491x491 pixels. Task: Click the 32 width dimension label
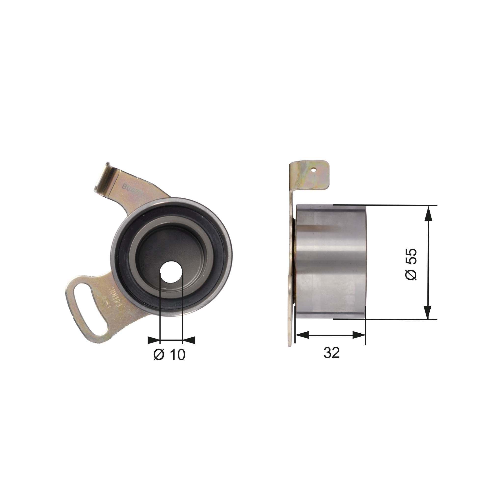click(331, 353)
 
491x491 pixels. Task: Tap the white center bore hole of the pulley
click(171, 274)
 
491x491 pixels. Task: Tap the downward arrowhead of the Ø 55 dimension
click(428, 312)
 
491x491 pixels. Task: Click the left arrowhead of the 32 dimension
click(302, 335)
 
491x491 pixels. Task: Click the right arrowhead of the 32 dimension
click(359, 335)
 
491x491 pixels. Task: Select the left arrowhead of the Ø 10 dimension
click(154, 340)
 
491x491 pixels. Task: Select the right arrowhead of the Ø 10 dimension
click(189, 340)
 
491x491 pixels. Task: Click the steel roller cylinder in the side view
click(330, 262)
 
